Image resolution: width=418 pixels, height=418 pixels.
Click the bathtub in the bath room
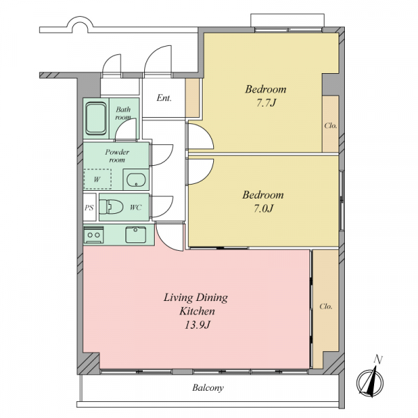click(96, 118)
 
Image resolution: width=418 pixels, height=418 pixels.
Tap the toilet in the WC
click(111, 207)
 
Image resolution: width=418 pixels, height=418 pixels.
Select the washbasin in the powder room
click(136, 180)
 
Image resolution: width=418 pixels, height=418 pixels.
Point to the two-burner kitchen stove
click(93, 235)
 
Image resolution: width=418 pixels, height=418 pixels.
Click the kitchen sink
click(136, 235)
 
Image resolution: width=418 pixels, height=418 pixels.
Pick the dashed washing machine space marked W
click(98, 179)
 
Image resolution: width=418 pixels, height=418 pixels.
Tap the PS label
click(89, 208)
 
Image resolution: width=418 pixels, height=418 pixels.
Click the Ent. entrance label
click(164, 98)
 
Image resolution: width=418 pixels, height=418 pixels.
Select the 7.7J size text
click(266, 102)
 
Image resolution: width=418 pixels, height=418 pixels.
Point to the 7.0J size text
click(263, 208)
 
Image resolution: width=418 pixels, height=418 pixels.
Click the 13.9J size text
click(198, 325)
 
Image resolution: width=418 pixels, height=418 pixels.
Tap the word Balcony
click(208, 387)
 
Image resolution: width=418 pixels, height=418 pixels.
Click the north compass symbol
click(370, 382)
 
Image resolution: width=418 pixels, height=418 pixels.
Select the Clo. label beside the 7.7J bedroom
click(330, 125)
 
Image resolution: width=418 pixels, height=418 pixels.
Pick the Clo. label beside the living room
click(326, 307)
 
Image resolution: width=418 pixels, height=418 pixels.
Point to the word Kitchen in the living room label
click(197, 311)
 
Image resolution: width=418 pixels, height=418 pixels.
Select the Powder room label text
click(117, 155)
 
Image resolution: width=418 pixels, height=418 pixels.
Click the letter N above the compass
click(378, 359)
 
